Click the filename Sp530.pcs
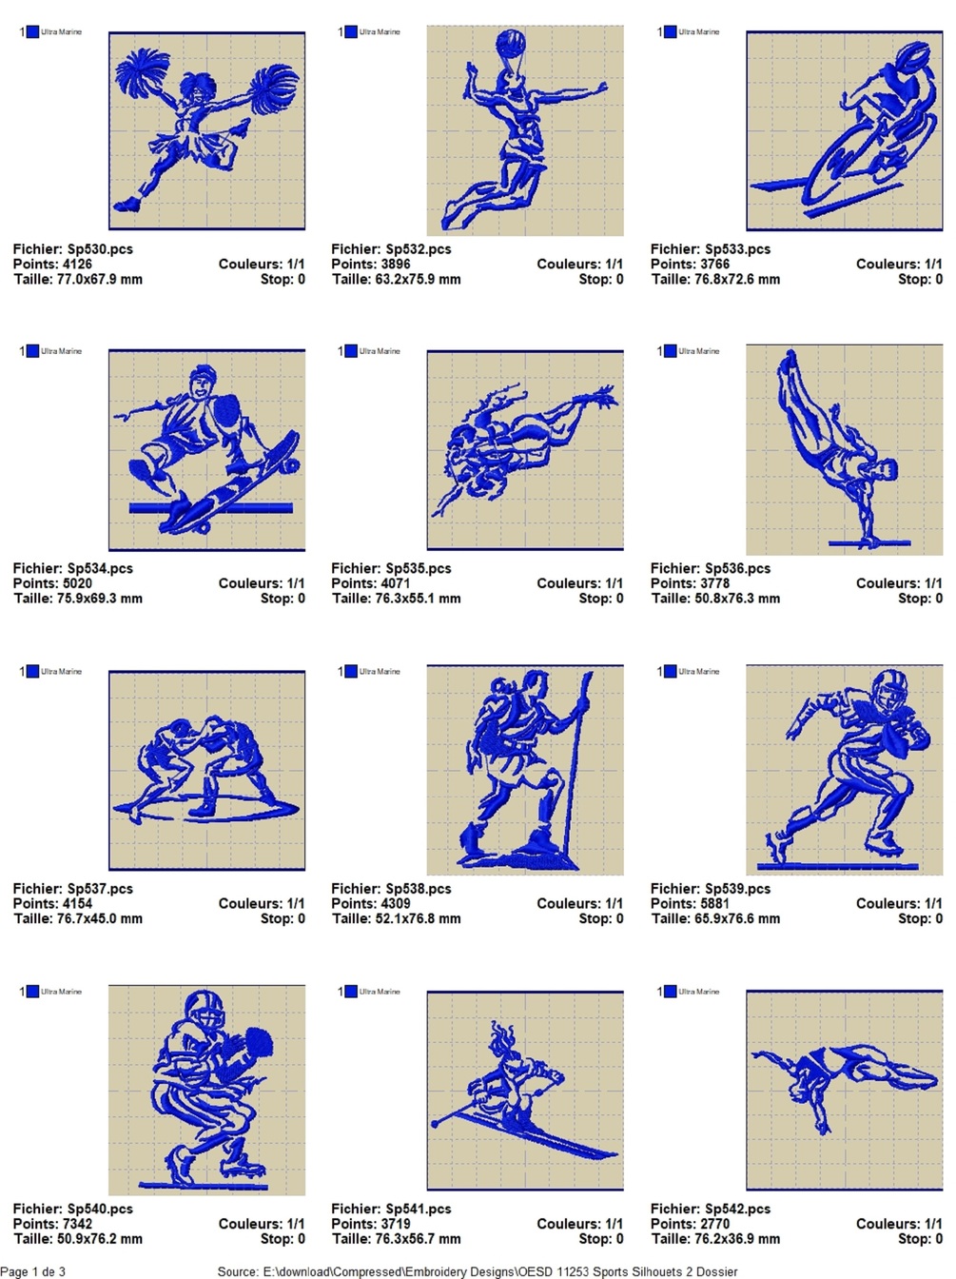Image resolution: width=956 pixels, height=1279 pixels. point(100,248)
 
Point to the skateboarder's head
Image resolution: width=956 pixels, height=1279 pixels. point(202,381)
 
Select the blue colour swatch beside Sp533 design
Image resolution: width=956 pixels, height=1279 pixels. point(670,31)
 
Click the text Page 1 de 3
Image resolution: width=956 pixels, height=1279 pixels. point(32,1270)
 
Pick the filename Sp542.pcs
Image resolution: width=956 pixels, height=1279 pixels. point(737,1208)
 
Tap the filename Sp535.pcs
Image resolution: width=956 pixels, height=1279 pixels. point(419,568)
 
